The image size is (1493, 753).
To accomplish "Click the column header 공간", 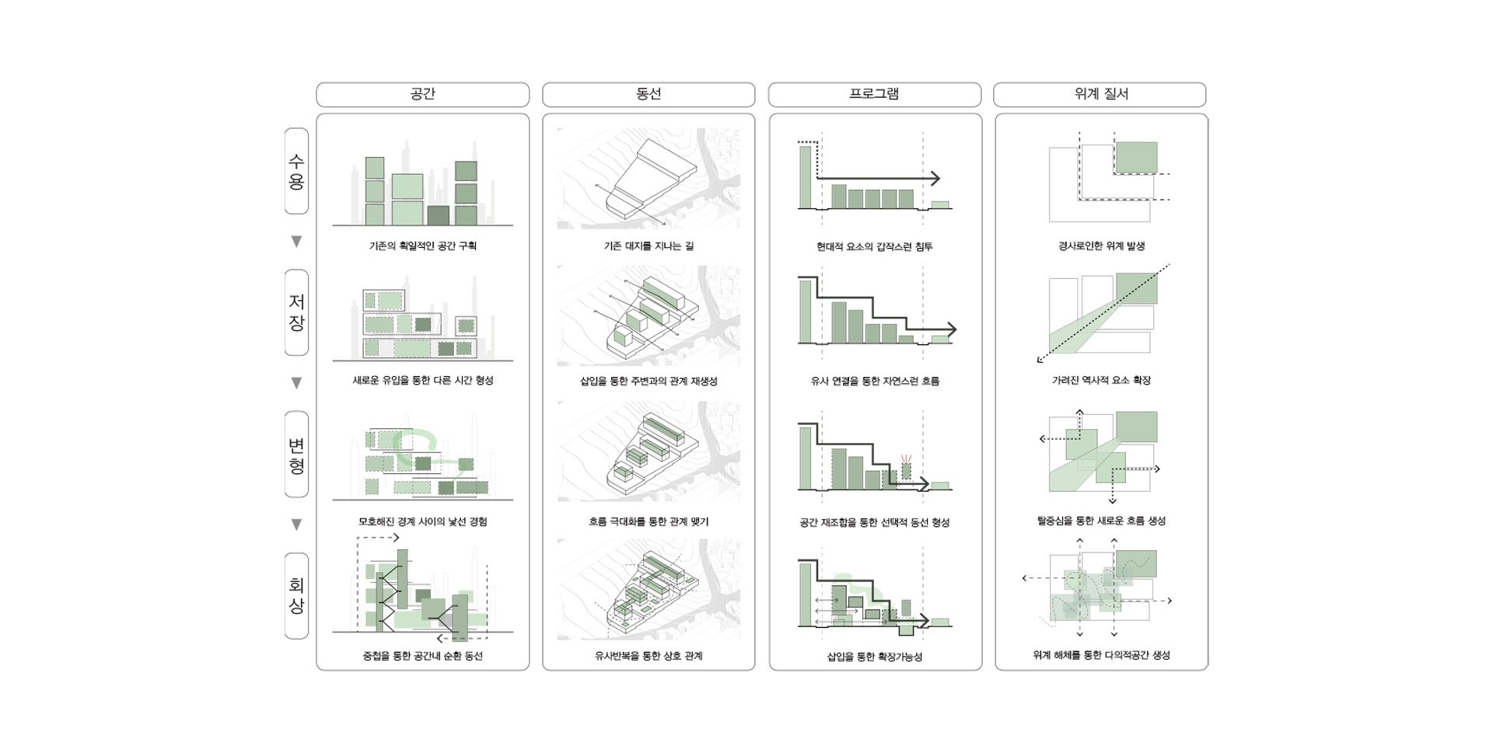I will pyautogui.click(x=422, y=94).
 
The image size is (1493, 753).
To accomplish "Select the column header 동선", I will pyautogui.click(x=648, y=94).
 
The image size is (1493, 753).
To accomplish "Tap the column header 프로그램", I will pyautogui.click(x=874, y=94).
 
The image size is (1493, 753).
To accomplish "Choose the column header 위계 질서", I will pyautogui.click(x=1100, y=94).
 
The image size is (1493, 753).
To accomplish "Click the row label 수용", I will pyautogui.click(x=296, y=172).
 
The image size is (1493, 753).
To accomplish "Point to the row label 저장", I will pyautogui.click(x=296, y=312).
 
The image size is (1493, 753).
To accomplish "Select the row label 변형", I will pyautogui.click(x=296, y=455).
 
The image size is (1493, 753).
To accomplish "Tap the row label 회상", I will pyautogui.click(x=296, y=596).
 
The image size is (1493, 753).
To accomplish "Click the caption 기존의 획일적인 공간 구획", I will pyautogui.click(x=422, y=246).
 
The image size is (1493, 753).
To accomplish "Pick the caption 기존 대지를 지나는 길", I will pyautogui.click(x=648, y=246).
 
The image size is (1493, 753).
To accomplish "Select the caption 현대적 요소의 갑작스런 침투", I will pyautogui.click(x=874, y=246).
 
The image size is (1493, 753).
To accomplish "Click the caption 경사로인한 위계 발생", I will pyautogui.click(x=1101, y=246).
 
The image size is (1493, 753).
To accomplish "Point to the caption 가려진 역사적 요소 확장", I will pyautogui.click(x=1101, y=380).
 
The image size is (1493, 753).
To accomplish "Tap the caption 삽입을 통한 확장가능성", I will pyautogui.click(x=874, y=657).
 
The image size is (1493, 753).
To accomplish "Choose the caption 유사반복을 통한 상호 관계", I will pyautogui.click(x=648, y=656).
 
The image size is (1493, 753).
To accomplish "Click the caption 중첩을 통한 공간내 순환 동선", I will pyautogui.click(x=422, y=656).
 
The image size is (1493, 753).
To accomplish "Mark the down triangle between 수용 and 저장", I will pyautogui.click(x=296, y=242).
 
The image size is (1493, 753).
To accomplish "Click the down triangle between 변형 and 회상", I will pyautogui.click(x=296, y=525).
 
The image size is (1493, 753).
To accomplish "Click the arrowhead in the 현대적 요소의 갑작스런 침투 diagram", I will pyautogui.click(x=935, y=178).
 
